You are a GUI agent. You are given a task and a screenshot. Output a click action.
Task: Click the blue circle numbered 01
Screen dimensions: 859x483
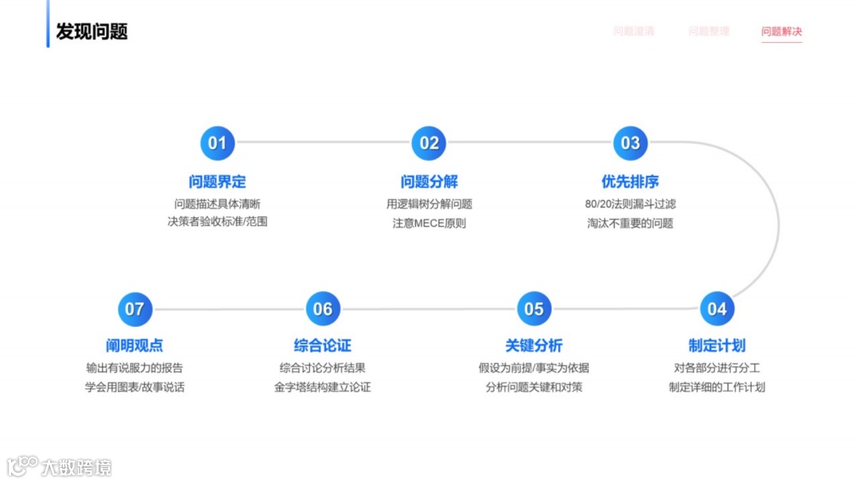[x=217, y=143]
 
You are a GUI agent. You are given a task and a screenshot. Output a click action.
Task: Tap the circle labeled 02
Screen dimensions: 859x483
[x=429, y=143]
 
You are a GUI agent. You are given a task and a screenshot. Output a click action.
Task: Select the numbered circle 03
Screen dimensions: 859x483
[x=630, y=143]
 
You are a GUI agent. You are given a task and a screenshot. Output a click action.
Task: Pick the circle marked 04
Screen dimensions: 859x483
[x=717, y=309]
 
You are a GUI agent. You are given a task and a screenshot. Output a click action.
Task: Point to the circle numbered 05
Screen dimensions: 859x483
[x=534, y=309]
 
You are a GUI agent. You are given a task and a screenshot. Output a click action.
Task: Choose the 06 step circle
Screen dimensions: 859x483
[x=323, y=309]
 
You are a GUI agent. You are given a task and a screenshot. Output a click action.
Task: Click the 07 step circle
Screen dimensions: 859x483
[x=134, y=309]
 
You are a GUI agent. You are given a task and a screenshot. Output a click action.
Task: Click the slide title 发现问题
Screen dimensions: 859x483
[x=91, y=32]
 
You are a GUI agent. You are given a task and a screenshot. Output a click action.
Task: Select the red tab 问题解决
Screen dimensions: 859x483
[x=781, y=32]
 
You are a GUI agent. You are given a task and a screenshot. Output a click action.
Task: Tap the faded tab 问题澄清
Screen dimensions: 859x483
[x=634, y=32]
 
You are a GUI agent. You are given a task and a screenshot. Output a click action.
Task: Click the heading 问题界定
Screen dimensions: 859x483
[x=217, y=181]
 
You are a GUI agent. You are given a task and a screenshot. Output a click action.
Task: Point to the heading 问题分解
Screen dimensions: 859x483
[x=429, y=181]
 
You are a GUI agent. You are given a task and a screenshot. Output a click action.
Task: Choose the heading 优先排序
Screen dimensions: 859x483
[x=630, y=181]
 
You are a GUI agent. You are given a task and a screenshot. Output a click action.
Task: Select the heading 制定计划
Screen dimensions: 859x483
[x=717, y=345]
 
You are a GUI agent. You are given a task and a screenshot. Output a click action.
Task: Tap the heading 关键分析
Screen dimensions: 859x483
[x=534, y=345]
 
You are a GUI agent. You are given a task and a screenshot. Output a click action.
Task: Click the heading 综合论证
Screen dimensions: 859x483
[x=323, y=345]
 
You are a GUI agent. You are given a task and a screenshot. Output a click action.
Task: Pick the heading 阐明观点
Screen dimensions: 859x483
[x=134, y=345]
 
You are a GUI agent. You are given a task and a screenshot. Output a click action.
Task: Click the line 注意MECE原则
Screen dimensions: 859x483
[x=429, y=223]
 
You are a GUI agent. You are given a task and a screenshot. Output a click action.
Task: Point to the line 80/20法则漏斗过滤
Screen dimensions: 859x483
[x=630, y=204]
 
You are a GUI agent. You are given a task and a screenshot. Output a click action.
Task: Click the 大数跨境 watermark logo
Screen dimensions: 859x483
[x=60, y=466]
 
